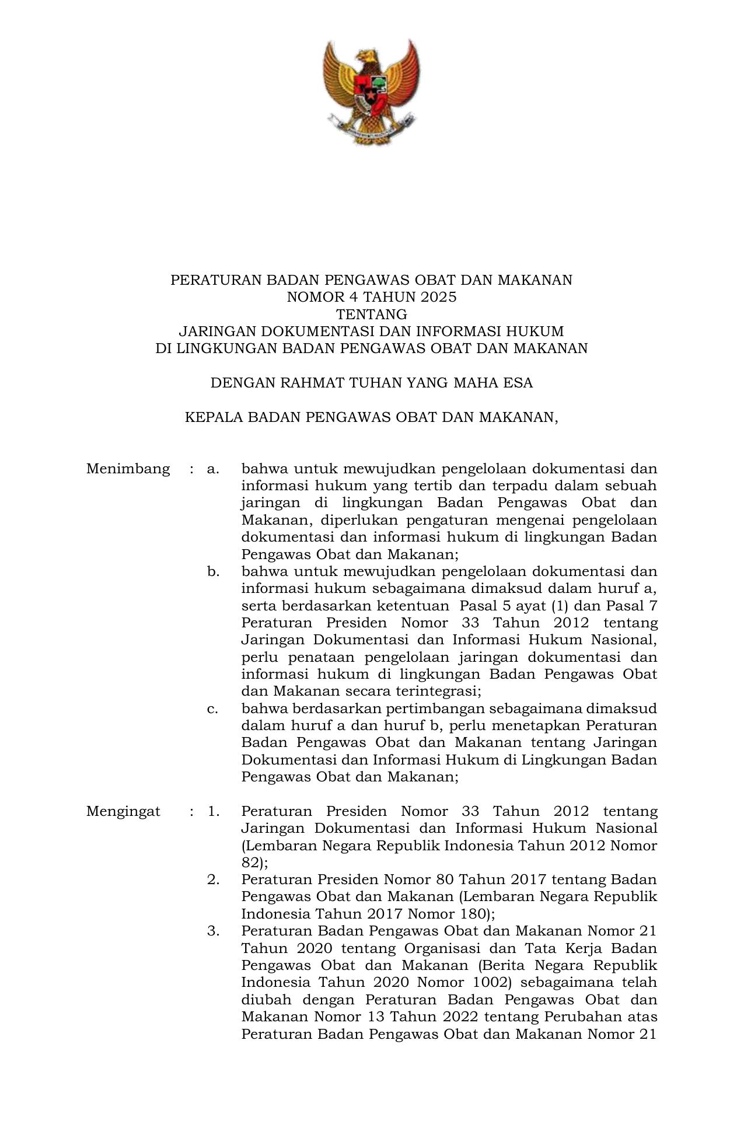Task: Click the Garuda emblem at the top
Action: [x=372, y=92]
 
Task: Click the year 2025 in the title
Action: [x=438, y=297]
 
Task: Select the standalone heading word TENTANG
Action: [x=372, y=315]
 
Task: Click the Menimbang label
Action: [x=128, y=469]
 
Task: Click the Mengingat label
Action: [x=123, y=811]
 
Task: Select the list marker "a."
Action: [x=212, y=469]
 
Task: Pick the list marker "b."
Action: [x=213, y=571]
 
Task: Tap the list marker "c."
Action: [x=212, y=708]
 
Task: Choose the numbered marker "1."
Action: [x=213, y=811]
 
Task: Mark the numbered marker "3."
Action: [x=213, y=931]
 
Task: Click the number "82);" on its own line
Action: [x=254, y=863]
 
